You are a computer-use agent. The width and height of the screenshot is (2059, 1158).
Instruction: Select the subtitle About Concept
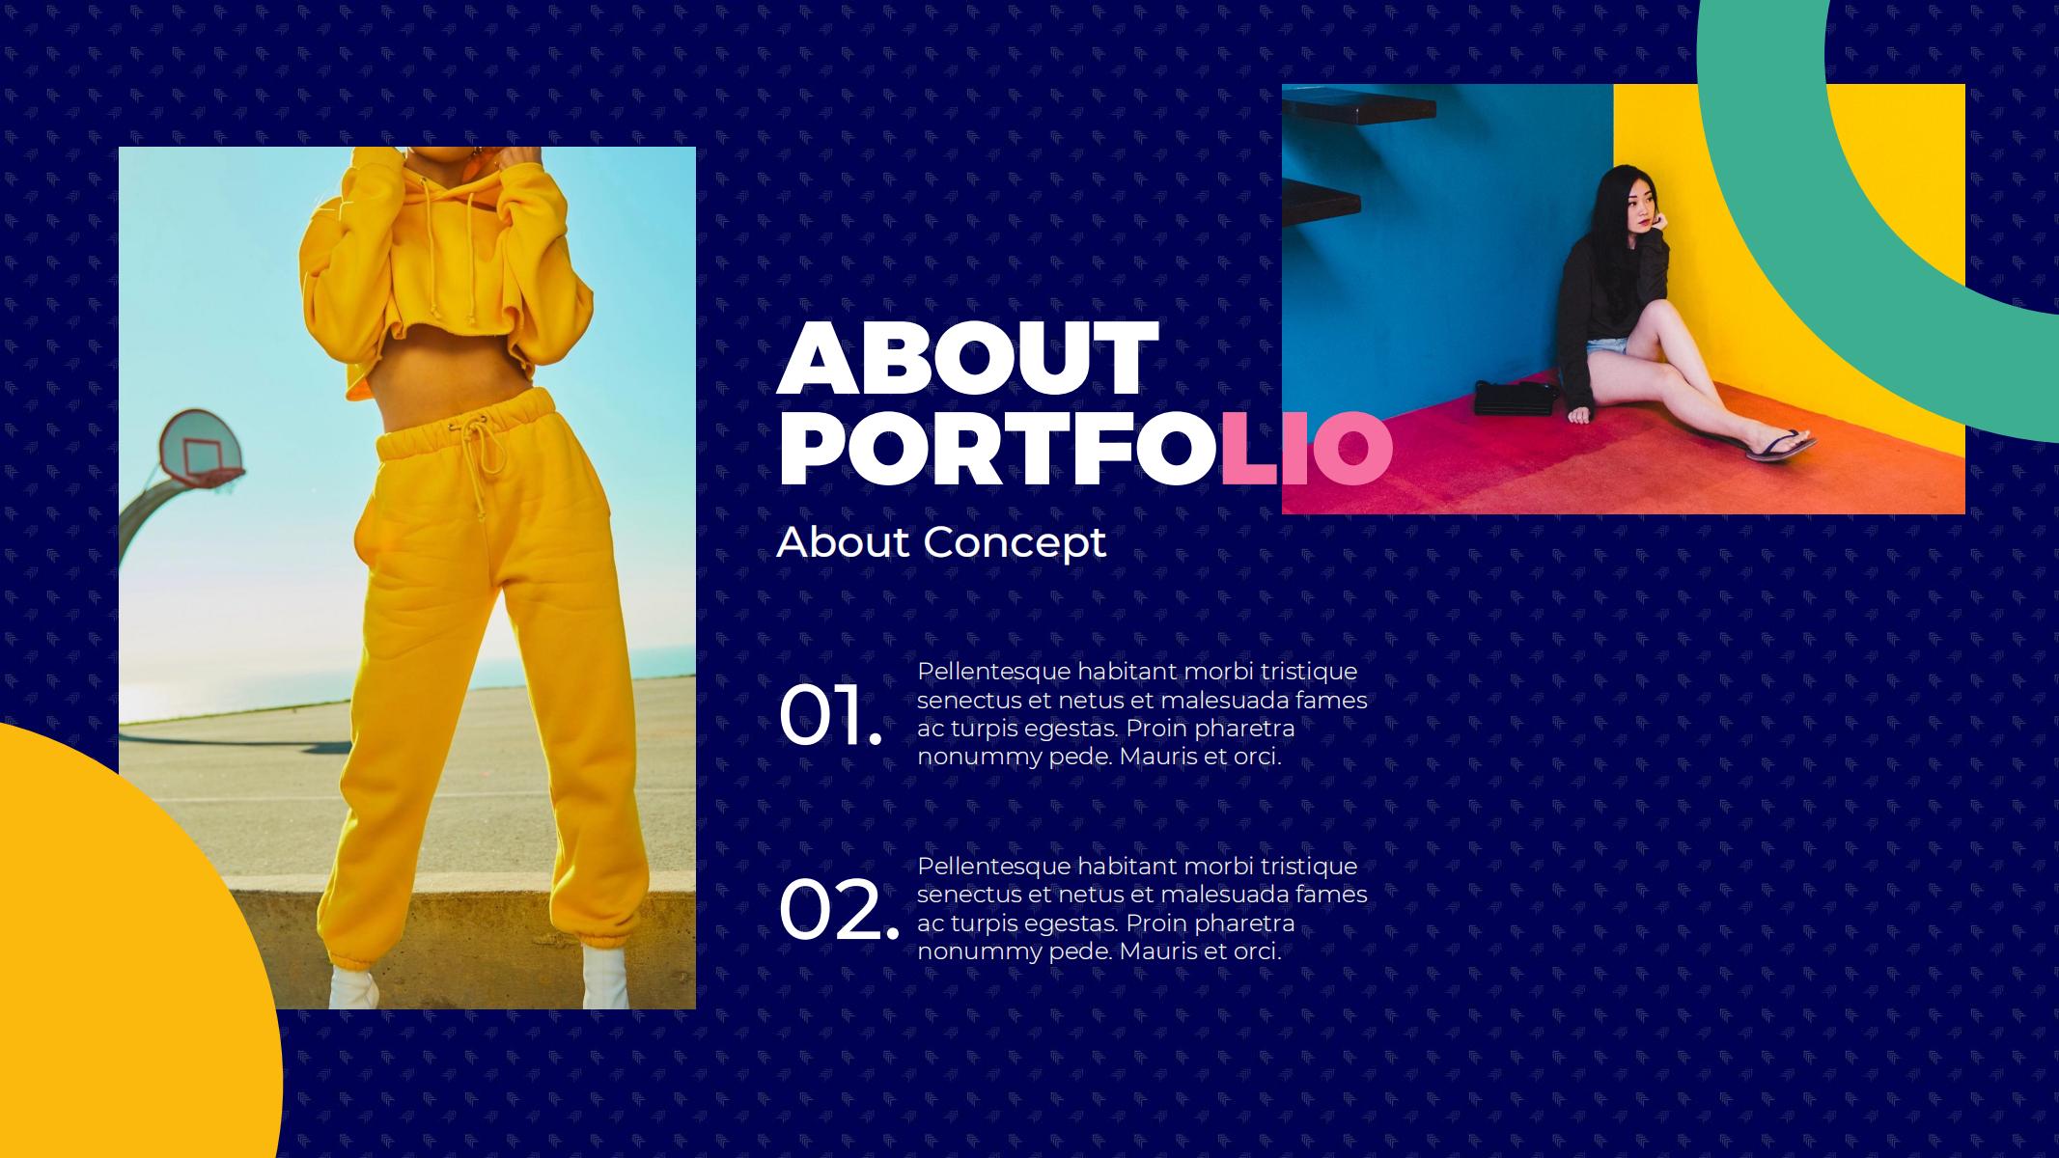941,542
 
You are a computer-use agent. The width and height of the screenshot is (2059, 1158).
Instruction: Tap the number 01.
830,715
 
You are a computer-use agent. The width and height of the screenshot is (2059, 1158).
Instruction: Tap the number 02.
838,910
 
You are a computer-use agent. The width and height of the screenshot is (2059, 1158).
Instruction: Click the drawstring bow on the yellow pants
486,443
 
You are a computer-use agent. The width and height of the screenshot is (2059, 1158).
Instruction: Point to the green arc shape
1786,241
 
